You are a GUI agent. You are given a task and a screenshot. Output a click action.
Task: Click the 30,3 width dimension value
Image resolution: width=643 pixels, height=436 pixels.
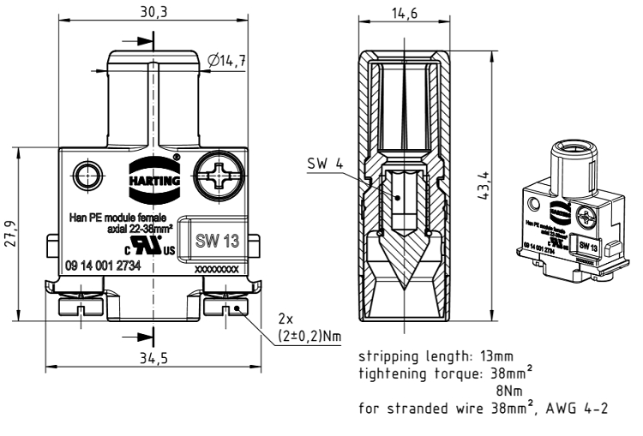pos(154,11)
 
